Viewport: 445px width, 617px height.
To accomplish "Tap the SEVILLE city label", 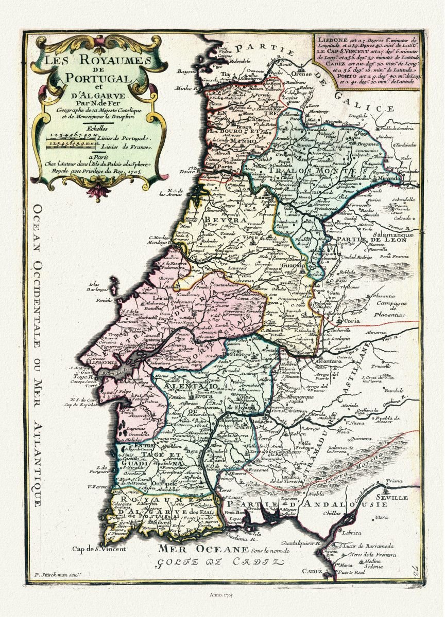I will click(x=392, y=498).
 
